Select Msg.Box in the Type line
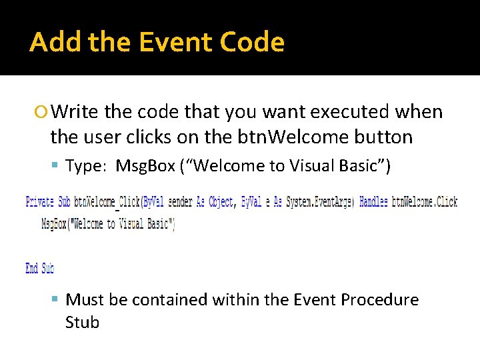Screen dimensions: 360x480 click(145, 166)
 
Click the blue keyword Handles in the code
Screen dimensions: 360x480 click(373, 202)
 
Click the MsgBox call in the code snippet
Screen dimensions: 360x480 click(107, 224)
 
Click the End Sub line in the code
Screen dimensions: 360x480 click(39, 268)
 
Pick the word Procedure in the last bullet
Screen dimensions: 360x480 click(379, 300)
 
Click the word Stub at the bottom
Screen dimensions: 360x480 click(82, 323)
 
